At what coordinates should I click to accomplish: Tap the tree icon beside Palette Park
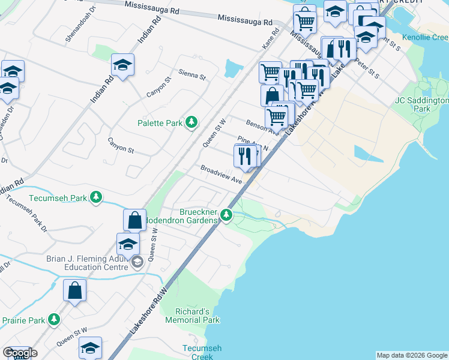point(191,122)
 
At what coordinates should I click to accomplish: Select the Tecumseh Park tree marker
point(95,197)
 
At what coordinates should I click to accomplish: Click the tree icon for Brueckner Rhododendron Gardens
point(226,214)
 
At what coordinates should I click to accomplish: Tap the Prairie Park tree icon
point(55,319)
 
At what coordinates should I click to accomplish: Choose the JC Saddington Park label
point(422,105)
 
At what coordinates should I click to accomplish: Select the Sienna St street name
point(192,76)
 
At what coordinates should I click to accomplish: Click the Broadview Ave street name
point(221,175)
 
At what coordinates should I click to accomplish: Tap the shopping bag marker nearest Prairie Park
point(75,291)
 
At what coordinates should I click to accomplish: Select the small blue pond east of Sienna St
point(232,69)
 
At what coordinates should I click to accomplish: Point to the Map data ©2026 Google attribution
point(412,355)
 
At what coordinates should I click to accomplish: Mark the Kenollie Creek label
point(424,38)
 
